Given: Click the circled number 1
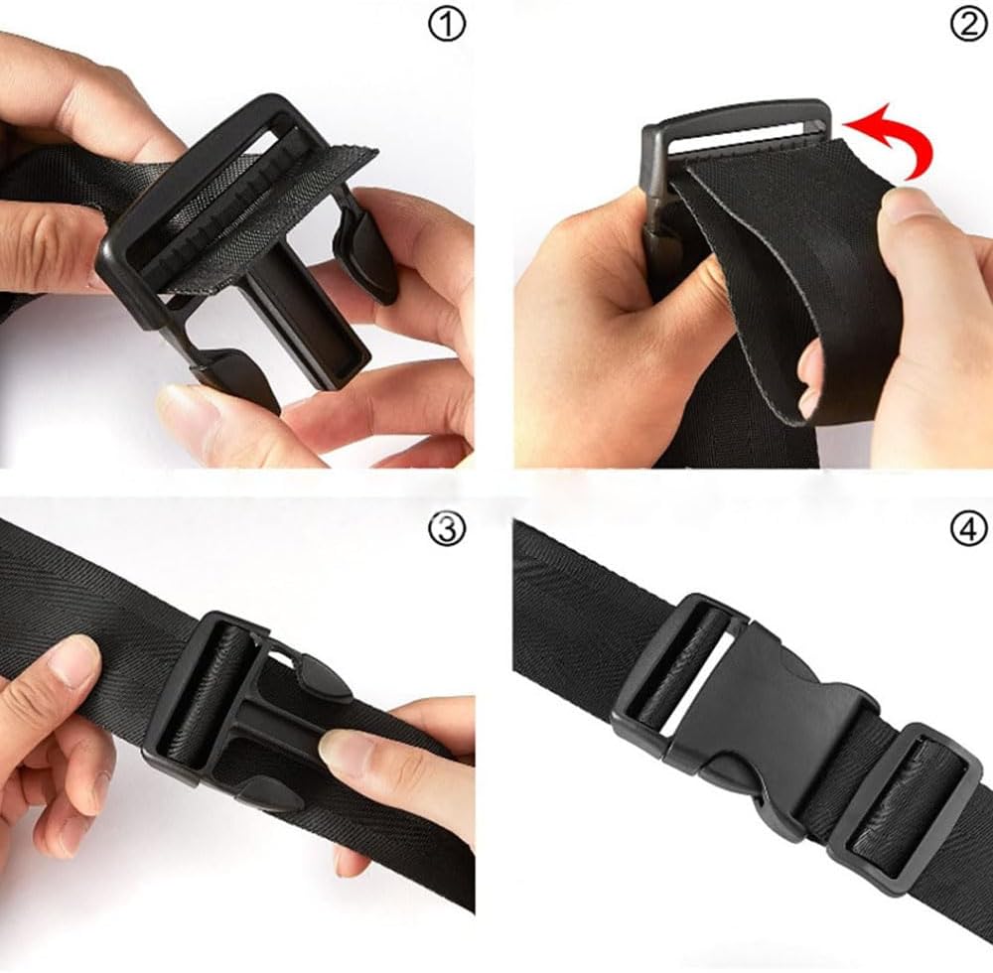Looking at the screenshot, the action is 447,26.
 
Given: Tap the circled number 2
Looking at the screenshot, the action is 969,26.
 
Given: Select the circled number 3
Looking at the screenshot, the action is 447,528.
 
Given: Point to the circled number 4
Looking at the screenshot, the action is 969,528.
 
